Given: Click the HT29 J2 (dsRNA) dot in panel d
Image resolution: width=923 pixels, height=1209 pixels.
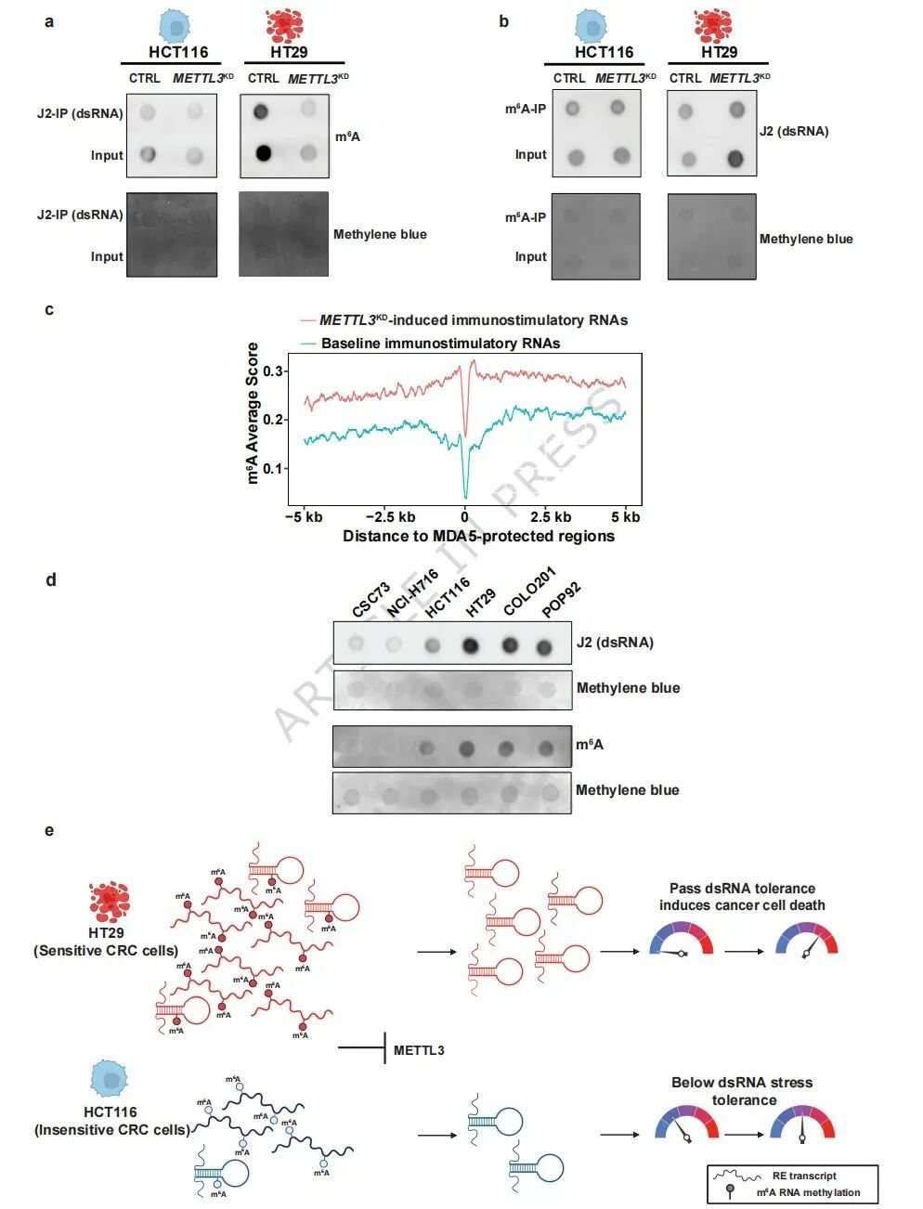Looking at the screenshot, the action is tap(470, 645).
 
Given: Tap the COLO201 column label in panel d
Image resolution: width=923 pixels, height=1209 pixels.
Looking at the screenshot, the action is tap(529, 591).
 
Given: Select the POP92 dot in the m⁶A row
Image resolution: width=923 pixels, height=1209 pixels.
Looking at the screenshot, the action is tap(545, 748).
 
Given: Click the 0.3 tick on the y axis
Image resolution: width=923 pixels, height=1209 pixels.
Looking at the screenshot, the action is tap(274, 371).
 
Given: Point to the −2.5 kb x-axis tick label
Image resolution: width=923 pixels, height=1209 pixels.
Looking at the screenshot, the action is tap(390, 517).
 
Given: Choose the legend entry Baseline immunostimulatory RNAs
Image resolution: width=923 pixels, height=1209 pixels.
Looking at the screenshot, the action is tap(440, 344).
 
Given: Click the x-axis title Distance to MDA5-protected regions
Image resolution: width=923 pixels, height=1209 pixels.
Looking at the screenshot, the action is tap(478, 536).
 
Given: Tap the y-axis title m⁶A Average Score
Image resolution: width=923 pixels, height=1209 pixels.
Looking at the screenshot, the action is tap(253, 413).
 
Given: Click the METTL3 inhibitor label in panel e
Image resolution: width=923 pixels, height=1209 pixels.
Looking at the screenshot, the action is tap(419, 1050).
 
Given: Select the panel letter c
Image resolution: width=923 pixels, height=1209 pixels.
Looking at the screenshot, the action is tap(49, 309).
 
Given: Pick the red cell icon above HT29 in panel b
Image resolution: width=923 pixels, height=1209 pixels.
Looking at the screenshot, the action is tap(713, 25).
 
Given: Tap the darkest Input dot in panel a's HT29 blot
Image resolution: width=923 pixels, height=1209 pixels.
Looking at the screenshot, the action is tap(264, 152).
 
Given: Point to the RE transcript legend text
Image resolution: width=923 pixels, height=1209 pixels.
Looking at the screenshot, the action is tap(804, 1176).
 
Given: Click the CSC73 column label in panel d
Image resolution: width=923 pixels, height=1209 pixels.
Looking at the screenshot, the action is tap(371, 601).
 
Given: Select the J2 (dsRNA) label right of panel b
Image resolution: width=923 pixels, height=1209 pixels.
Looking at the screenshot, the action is tap(794, 131).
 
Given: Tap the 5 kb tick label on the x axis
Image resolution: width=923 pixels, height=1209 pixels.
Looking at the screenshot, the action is tap(626, 517).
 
